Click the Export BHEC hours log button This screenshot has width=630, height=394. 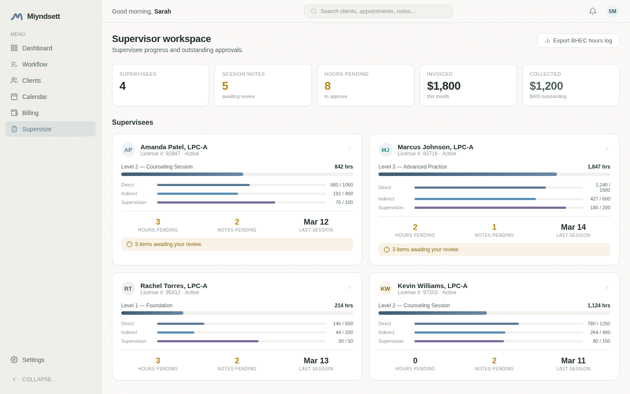coord(577,41)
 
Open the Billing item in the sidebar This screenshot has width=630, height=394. coord(30,113)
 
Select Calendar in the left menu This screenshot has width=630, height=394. coord(35,97)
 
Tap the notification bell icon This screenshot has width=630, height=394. coord(593,11)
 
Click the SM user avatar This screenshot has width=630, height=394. coord(612,11)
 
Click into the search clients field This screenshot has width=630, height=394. coord(378,11)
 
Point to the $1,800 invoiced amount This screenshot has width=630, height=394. coord(444,86)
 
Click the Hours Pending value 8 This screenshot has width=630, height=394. coord(328,86)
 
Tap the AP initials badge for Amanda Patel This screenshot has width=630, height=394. coord(128,150)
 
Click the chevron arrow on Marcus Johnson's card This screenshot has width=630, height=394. coord(606,149)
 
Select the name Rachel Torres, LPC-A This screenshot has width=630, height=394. coord(174,285)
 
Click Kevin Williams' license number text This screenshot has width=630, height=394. coord(417,292)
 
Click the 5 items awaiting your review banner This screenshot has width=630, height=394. coord(237,244)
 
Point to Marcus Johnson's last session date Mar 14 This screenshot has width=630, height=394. coord(573,227)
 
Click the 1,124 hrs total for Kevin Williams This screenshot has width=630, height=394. coord(598,306)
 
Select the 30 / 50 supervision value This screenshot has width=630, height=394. coord(345,341)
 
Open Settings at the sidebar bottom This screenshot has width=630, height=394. coord(33,360)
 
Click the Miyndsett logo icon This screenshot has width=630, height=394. coord(17,17)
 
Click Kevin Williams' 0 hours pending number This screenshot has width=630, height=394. coord(415,361)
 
